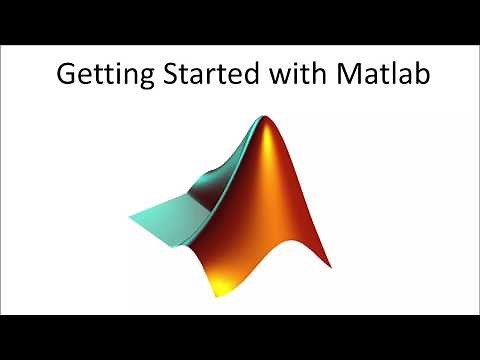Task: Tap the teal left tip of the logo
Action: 133,217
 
